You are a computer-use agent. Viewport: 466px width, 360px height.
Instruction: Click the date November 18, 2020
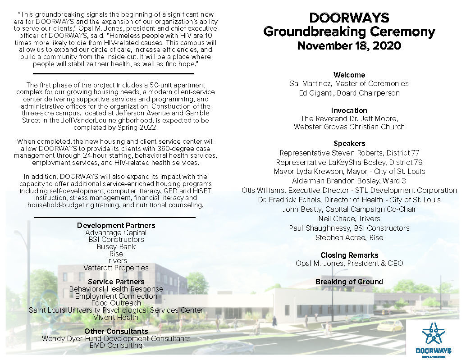(x=349, y=46)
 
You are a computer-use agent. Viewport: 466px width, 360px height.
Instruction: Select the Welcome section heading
(x=349, y=75)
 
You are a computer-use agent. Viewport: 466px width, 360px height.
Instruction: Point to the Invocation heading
(x=349, y=110)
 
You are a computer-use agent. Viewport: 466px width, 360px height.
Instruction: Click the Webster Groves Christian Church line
(x=349, y=127)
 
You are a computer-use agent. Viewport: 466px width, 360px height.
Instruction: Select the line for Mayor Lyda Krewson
(x=349, y=171)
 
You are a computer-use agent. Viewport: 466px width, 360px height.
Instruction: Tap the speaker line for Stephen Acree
(x=349, y=237)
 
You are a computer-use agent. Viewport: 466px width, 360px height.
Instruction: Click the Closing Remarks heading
(x=349, y=255)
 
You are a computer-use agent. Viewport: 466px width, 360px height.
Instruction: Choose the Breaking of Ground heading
(x=349, y=282)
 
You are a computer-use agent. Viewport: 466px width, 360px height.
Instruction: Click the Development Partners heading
(x=116, y=225)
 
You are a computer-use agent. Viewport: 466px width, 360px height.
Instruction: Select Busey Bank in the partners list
(x=116, y=246)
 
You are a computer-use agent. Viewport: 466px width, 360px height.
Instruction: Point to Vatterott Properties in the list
(x=116, y=268)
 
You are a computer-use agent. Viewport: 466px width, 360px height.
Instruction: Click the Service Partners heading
(x=116, y=282)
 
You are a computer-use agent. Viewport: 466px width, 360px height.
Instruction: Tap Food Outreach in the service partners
(x=116, y=303)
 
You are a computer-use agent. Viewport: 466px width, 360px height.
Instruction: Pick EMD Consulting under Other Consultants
(x=116, y=346)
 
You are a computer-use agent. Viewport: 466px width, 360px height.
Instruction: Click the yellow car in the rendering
(x=389, y=325)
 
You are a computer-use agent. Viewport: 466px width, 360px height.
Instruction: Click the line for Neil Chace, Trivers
(x=349, y=219)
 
